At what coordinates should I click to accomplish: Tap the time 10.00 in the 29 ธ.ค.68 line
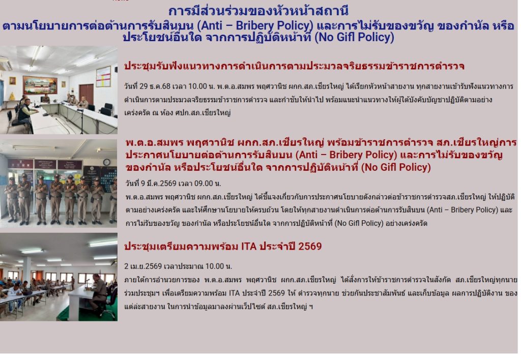click(197, 86)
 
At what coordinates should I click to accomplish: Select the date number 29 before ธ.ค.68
click(143, 86)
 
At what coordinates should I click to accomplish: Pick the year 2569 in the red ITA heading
click(310, 247)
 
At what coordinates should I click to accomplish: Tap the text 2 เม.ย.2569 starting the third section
click(143, 266)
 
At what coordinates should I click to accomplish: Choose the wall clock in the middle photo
click(106, 162)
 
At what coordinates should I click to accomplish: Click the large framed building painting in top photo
click(40, 85)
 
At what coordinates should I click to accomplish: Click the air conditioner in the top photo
click(6, 64)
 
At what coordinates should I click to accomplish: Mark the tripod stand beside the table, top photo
click(81, 122)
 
